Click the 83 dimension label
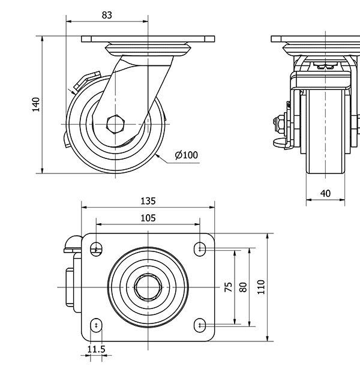click(107, 16)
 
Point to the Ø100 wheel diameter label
click(186, 155)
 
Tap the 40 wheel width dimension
click(325, 193)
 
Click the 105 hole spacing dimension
click(148, 218)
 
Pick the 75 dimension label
click(228, 287)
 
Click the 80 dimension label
click(243, 287)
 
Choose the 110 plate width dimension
click(261, 287)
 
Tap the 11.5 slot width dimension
click(96, 349)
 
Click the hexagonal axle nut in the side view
click(114, 124)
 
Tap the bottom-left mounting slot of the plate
click(96, 325)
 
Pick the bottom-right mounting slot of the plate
click(200, 325)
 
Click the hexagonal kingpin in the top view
click(148, 287)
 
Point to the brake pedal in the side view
click(83, 81)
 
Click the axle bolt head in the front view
click(280, 125)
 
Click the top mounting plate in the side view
click(148, 39)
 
